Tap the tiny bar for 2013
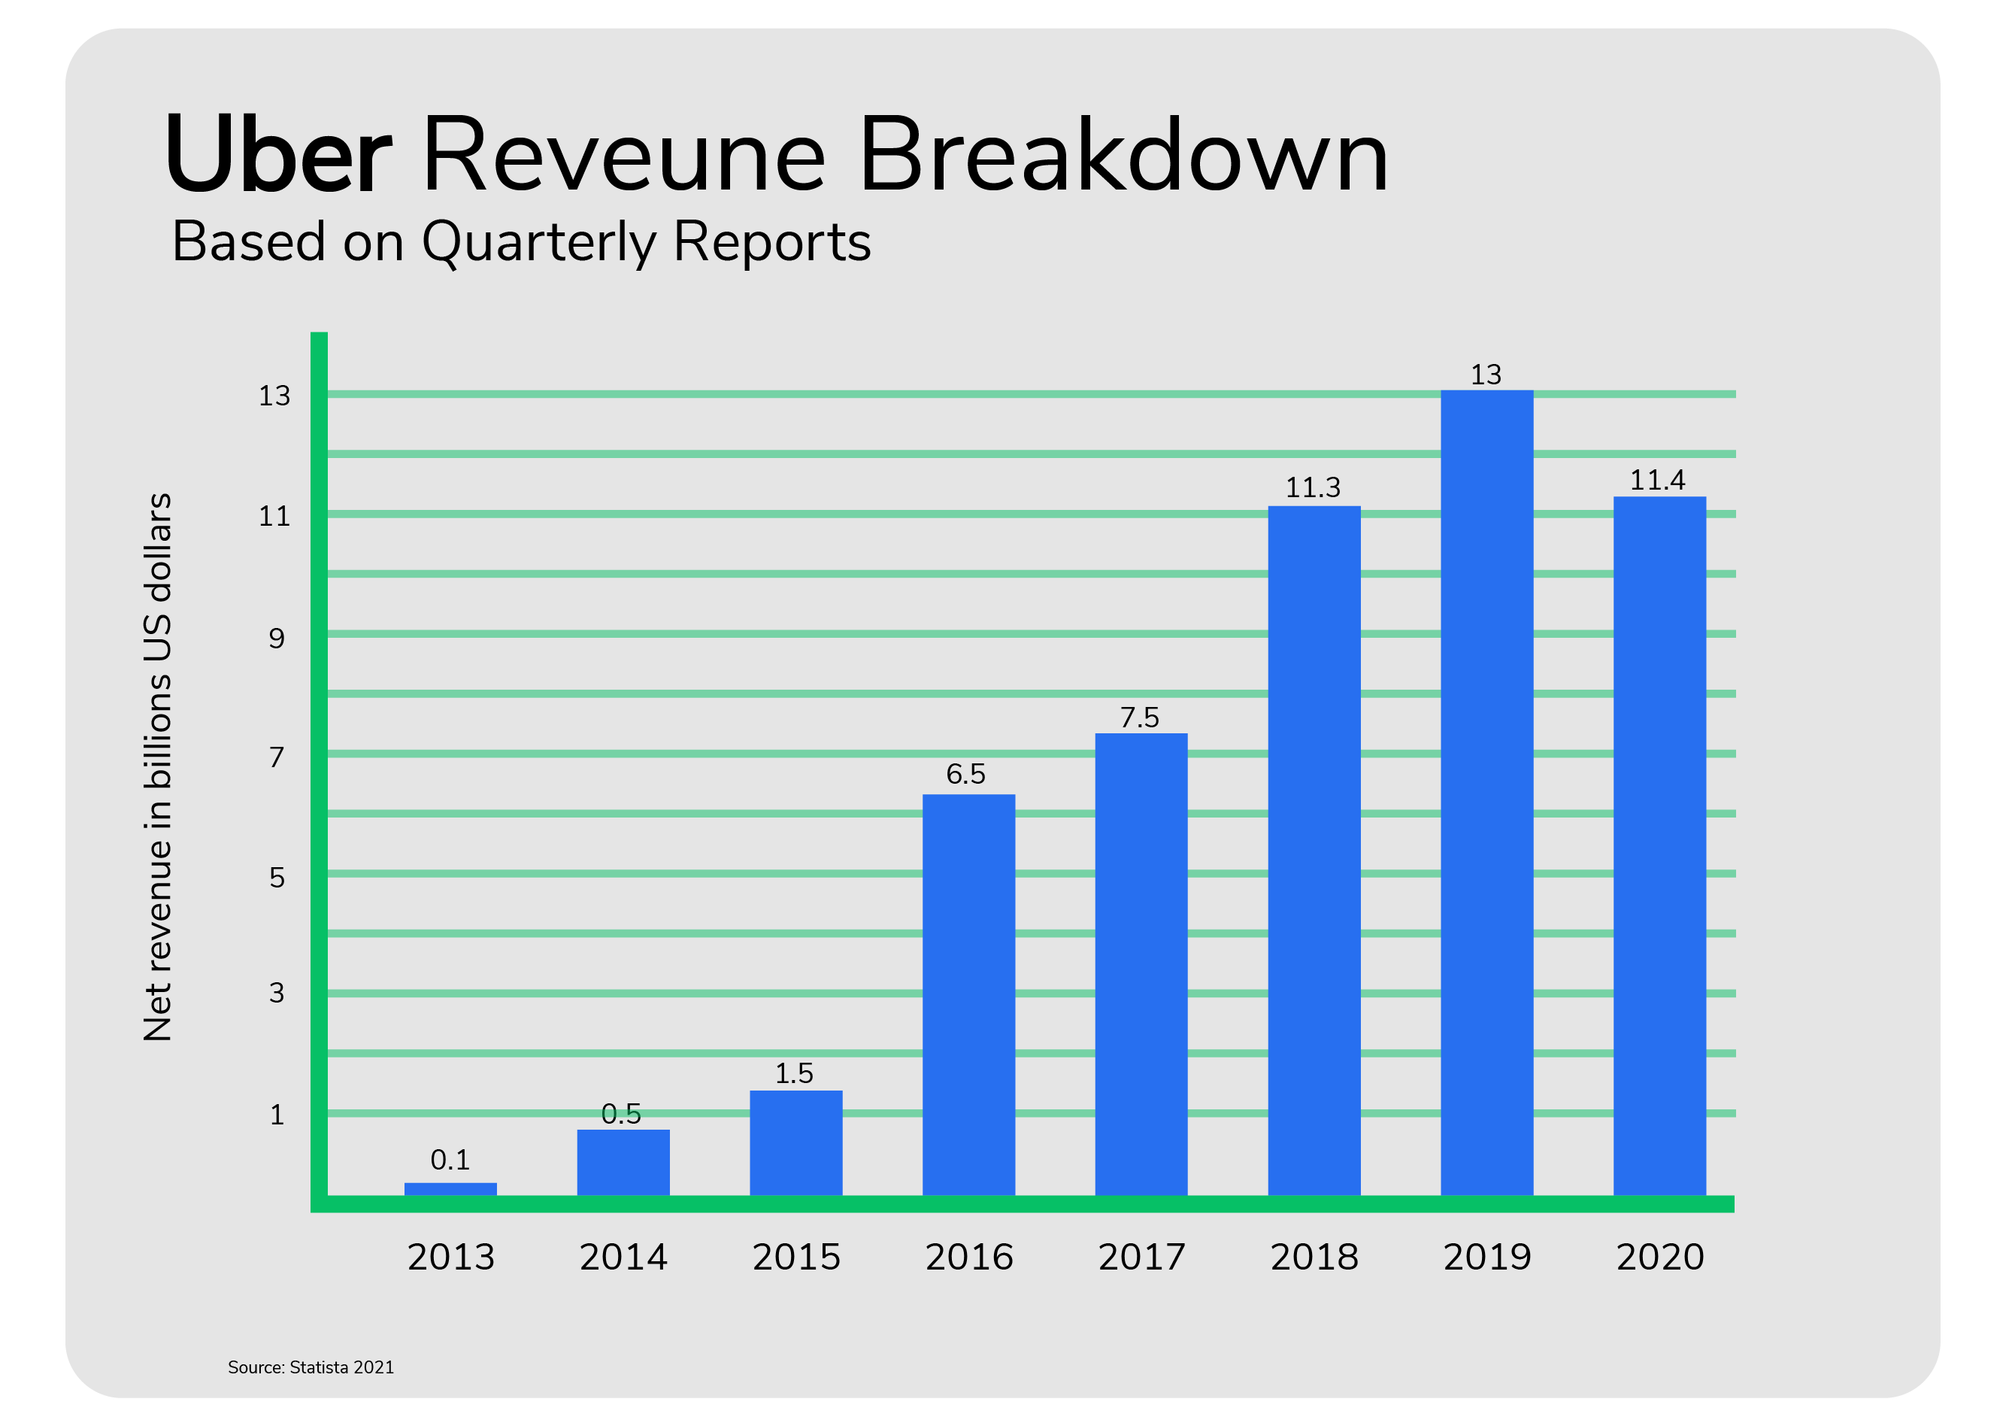pyautogui.click(x=450, y=1189)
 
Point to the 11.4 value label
pyautogui.click(x=1657, y=481)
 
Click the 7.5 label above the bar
pyautogui.click(x=1140, y=718)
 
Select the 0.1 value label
pyautogui.click(x=450, y=1160)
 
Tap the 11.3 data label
pyautogui.click(x=1313, y=487)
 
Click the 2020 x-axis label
pyautogui.click(x=1659, y=1258)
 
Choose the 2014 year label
pyautogui.click(x=623, y=1258)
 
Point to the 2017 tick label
pyautogui.click(x=1141, y=1258)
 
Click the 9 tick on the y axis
pyautogui.click(x=277, y=639)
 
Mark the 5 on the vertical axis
pyautogui.click(x=277, y=877)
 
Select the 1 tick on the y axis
pyautogui.click(x=277, y=1115)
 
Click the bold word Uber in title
pyautogui.click(x=277, y=156)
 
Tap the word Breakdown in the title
pyautogui.click(x=1124, y=156)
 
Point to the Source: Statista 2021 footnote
pyautogui.click(x=311, y=1367)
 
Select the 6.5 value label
pyautogui.click(x=965, y=774)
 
